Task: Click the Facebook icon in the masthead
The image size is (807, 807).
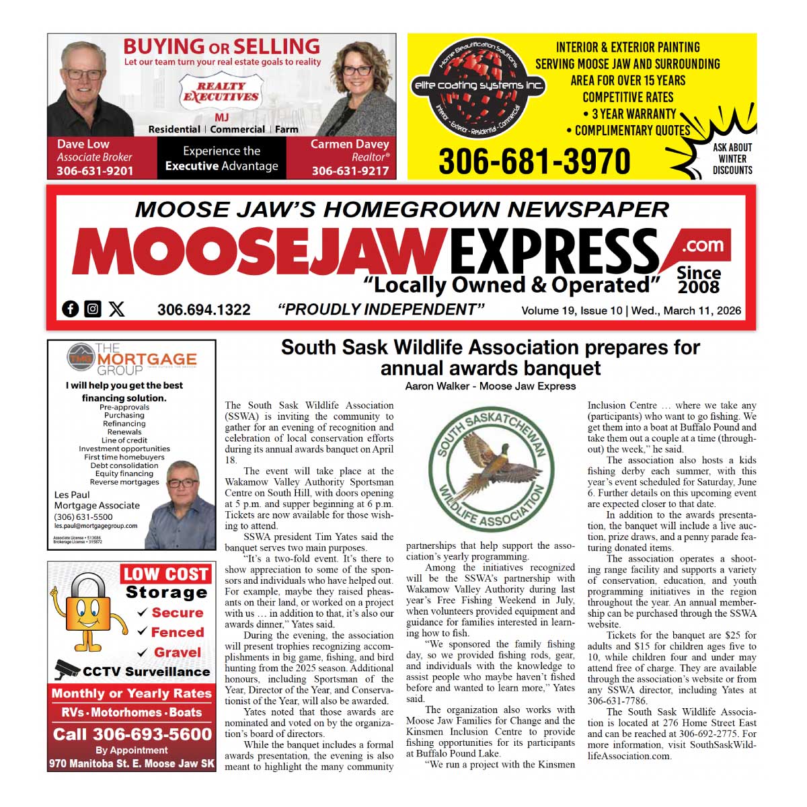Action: [x=70, y=309]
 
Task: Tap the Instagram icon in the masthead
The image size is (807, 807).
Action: [x=93, y=309]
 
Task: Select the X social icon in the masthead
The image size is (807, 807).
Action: [x=116, y=309]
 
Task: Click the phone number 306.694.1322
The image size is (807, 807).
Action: [x=204, y=310]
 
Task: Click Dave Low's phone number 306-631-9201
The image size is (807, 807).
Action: [x=95, y=171]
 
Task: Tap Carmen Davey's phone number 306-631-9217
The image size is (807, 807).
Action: [x=350, y=171]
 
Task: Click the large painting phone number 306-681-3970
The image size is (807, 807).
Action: [x=535, y=161]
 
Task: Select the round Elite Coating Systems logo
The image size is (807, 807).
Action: [x=478, y=85]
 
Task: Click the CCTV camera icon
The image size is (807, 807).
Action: [x=67, y=669]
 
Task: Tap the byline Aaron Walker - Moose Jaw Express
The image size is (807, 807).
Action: [x=490, y=386]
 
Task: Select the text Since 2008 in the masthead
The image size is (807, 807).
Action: [x=698, y=280]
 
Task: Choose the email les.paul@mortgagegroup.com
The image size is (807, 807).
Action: [x=95, y=526]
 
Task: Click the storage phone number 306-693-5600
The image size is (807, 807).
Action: [x=132, y=734]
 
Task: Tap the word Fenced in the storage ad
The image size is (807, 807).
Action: [x=177, y=632]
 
